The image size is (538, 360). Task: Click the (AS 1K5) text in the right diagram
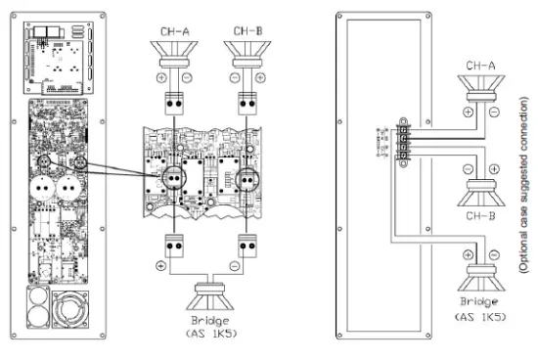coord(479,316)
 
